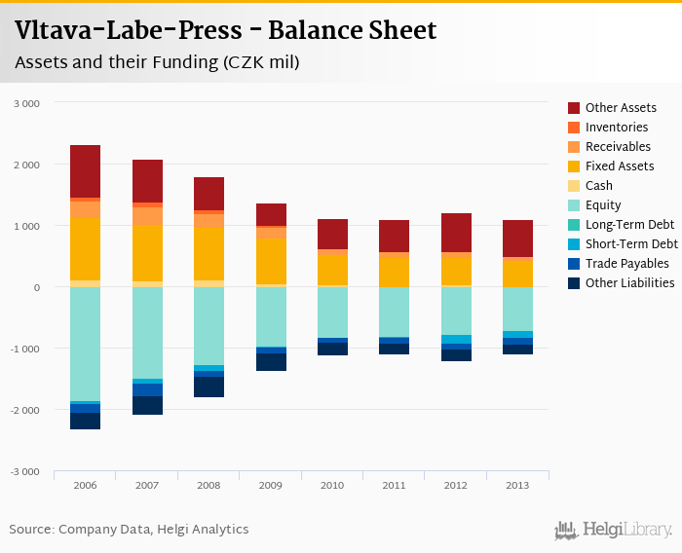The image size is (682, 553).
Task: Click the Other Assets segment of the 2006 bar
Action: coord(85,171)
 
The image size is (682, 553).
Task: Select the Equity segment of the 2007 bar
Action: coord(147,332)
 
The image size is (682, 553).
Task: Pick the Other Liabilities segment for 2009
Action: coord(271,361)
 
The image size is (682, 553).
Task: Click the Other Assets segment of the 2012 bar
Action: coord(456,233)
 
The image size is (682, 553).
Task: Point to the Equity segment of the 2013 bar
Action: coord(517,309)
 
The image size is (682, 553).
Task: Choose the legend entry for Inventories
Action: coord(617,128)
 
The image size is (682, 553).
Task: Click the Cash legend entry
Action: coord(599,186)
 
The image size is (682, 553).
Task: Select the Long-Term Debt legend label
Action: coord(628,225)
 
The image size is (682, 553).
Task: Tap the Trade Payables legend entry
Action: coord(626,264)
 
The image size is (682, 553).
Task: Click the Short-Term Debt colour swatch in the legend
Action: coord(575,244)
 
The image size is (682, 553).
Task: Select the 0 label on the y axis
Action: coord(37,287)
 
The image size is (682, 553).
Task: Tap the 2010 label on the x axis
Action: coord(332,484)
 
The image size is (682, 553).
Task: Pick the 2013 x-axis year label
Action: coord(517,484)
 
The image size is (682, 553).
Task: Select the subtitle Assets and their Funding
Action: coord(157,63)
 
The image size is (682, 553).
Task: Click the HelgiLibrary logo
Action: coord(613,530)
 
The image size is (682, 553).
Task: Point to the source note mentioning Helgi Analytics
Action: coord(129,530)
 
